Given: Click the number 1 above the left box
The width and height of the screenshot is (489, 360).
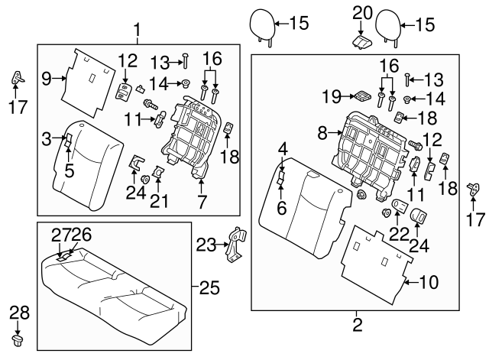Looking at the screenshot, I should click(x=137, y=31).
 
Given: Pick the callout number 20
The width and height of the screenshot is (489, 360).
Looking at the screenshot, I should click(x=361, y=12).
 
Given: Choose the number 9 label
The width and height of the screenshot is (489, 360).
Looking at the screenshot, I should click(x=46, y=78).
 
